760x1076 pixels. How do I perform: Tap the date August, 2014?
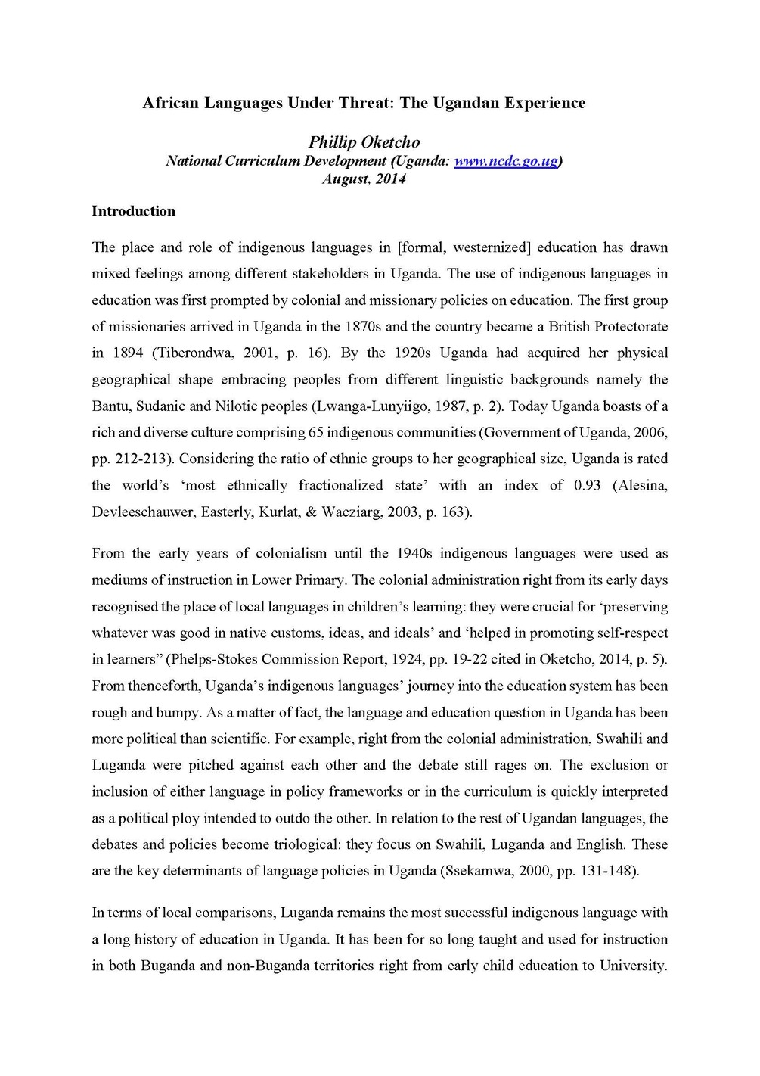[x=364, y=179]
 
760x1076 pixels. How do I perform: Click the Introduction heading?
[x=133, y=211]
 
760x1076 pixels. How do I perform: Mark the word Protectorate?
[x=625, y=326]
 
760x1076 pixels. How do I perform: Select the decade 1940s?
[x=413, y=553]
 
